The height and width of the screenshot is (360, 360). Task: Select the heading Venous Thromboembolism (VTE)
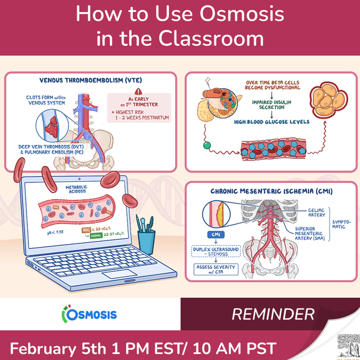point(91,80)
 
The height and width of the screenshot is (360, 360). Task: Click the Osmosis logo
point(89,315)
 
